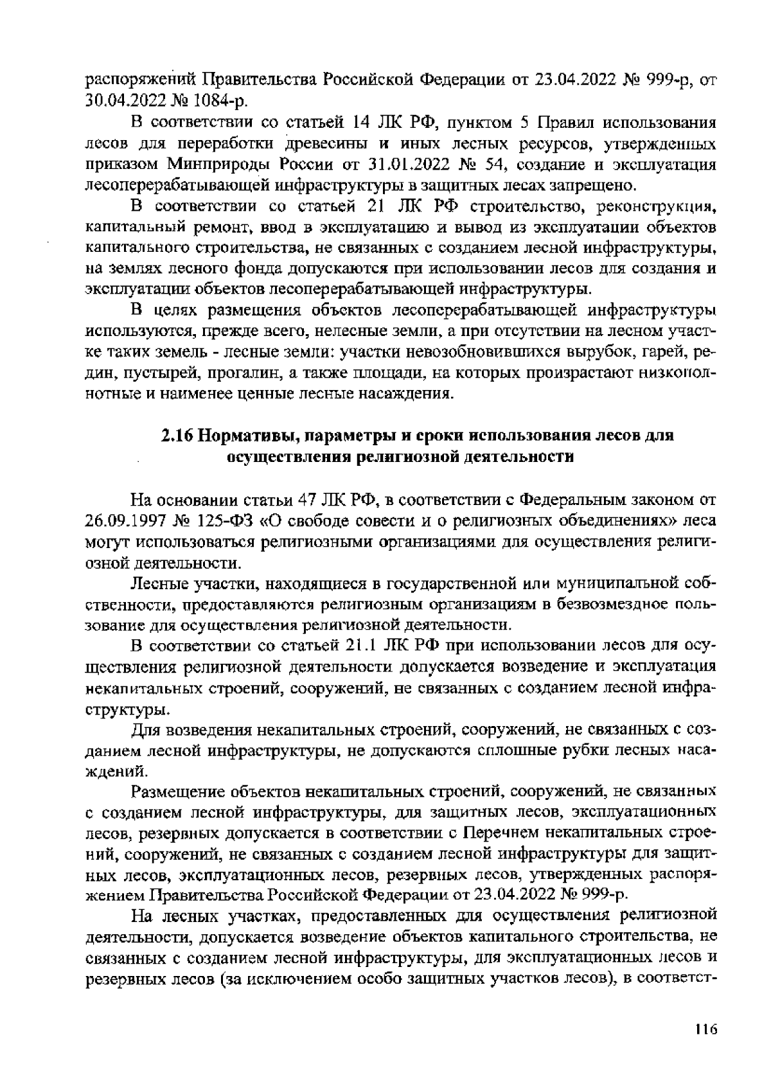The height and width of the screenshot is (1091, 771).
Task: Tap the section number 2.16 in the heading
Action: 175,436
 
